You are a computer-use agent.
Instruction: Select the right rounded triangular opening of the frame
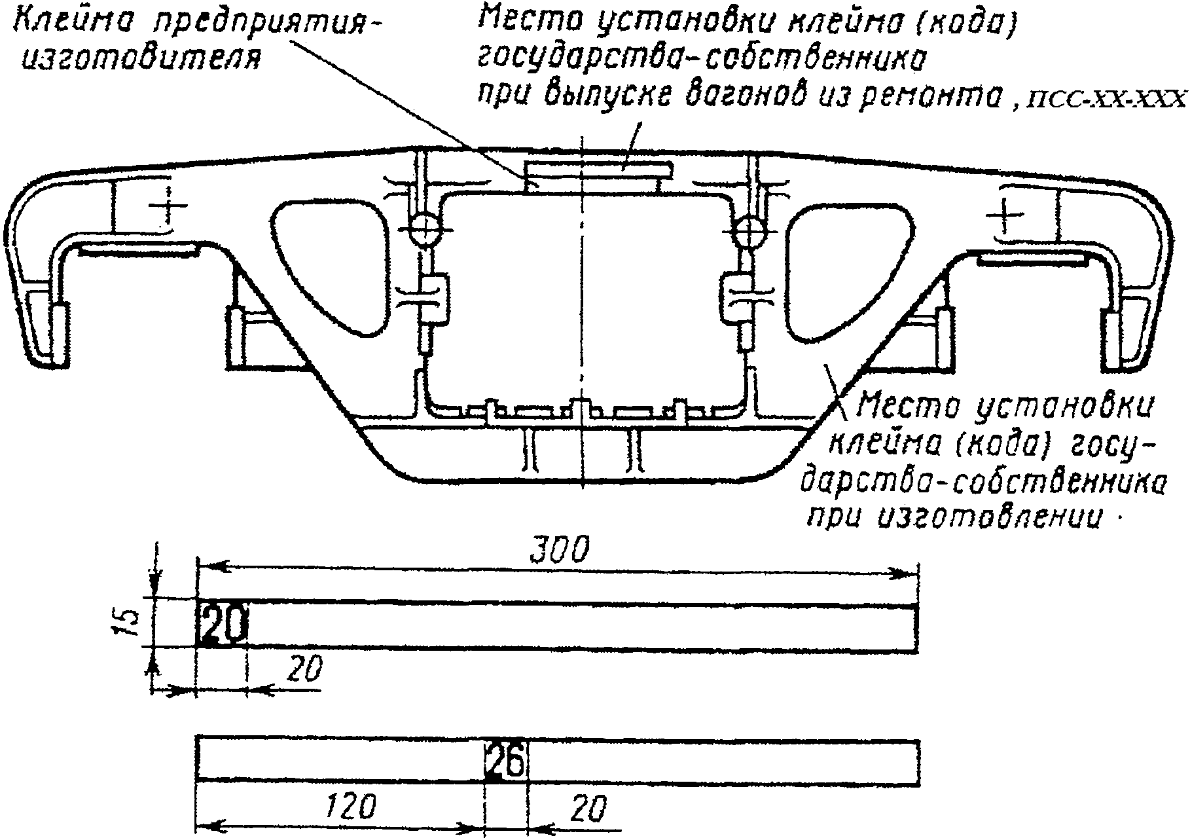pos(845,262)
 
